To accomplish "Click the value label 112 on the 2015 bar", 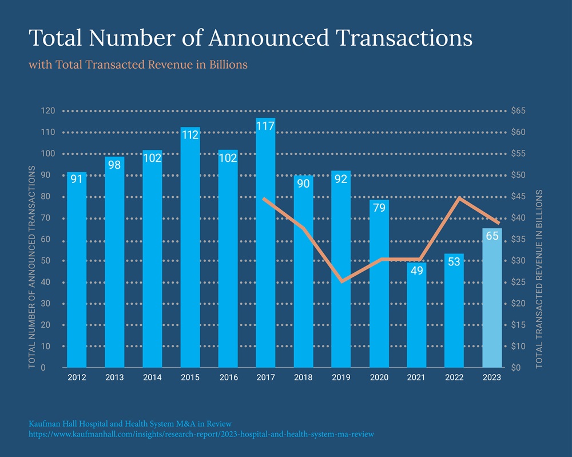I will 190,136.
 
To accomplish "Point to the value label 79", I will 379,208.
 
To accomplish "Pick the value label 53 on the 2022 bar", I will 454,262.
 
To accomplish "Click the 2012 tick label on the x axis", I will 77,377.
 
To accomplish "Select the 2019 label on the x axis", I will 341,377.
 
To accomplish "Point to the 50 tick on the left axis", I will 50,261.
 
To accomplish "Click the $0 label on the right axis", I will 516,368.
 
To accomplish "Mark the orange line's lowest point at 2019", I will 341,281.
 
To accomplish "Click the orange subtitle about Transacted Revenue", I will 138,65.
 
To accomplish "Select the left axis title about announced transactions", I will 32,266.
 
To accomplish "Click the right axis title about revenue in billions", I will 539,279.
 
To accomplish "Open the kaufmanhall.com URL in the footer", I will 201,435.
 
